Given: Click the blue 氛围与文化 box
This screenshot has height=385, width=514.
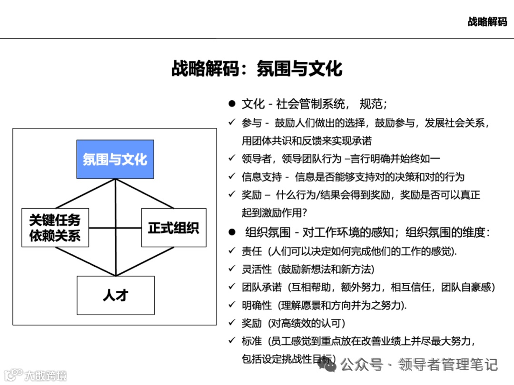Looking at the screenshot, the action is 115,159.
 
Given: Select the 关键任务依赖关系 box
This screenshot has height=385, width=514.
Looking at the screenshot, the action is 55,227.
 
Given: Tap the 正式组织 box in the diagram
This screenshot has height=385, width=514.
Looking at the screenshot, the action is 174,227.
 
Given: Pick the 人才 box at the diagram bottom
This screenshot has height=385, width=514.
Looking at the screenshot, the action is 116,295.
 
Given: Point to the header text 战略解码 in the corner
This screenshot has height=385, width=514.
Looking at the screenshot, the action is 487,22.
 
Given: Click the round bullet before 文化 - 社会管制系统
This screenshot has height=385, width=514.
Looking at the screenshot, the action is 232,104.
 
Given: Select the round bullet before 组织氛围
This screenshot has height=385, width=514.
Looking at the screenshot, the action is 232,232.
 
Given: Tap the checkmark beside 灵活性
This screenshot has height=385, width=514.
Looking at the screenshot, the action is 232,269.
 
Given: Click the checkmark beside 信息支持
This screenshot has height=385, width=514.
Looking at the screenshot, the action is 232,177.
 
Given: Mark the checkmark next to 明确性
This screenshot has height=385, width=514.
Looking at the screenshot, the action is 232,305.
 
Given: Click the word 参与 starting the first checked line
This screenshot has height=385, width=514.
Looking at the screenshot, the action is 252,123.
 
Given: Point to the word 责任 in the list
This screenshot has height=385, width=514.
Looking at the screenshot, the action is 252,251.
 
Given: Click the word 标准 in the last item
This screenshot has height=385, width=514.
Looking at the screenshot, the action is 252,341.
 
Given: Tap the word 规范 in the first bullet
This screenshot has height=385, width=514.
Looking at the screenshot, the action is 369,104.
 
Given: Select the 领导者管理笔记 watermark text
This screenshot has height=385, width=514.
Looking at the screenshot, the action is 448,365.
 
